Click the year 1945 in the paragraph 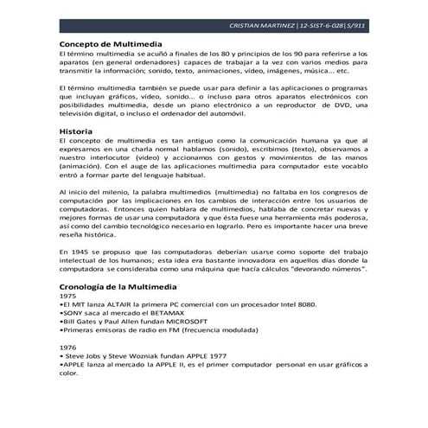pos(76,251)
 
